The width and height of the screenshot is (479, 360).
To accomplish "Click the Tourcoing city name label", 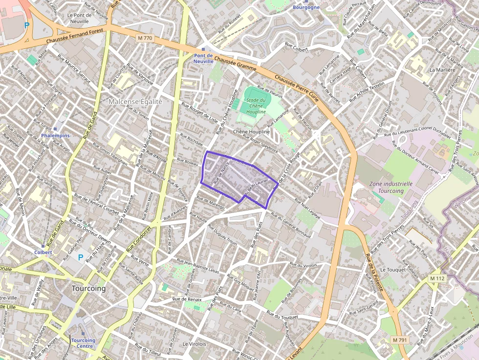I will pos(88,288).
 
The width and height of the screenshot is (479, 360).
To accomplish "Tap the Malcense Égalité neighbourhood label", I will pos(135,101).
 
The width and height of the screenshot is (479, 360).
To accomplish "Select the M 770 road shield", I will pos(145,38).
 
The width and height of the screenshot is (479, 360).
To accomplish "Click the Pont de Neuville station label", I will pos(203,59).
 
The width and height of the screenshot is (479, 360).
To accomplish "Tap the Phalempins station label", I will pos(56,135).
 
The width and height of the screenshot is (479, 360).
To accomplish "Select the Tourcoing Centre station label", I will pos(83,343).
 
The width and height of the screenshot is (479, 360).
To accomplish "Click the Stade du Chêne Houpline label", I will pos(256,106).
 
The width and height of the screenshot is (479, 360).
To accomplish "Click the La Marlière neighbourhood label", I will pos(442,70).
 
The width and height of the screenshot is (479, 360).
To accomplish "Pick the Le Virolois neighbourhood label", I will pos(195,344).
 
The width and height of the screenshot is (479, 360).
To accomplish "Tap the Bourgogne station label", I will pos(306,7).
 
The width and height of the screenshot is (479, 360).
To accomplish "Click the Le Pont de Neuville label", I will pos(79,18).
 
